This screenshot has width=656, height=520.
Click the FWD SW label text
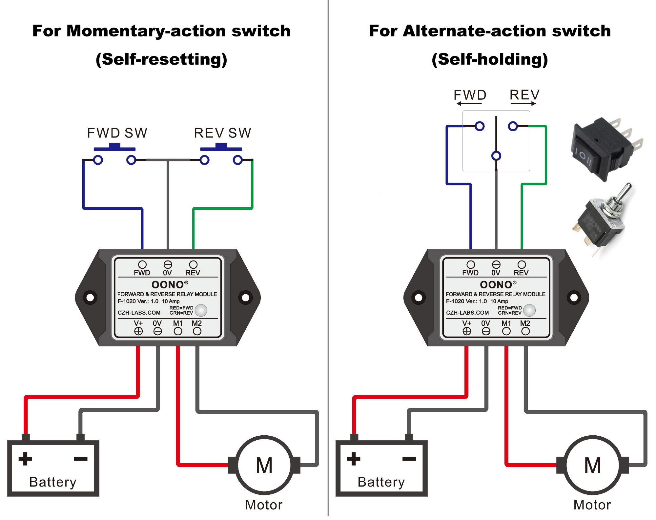click(117, 133)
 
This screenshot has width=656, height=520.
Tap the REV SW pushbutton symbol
click(221, 148)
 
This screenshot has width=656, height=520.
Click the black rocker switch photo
click(605, 148)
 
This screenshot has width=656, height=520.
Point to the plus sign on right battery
click(354, 459)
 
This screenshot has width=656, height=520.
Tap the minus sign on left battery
click(81, 459)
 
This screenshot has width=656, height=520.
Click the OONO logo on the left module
click(168, 284)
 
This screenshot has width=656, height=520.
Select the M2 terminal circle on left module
click(197, 331)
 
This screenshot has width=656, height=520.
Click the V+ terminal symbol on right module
click(467, 331)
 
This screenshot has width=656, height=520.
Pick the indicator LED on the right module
click(529, 310)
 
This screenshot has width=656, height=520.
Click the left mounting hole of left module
click(90, 298)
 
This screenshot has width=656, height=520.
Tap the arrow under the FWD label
click(469, 104)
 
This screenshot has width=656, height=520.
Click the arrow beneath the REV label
click(523, 104)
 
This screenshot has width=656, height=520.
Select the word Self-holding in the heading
click(489, 59)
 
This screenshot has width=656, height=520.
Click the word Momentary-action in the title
click(146, 31)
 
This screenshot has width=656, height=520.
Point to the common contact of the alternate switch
click(496, 156)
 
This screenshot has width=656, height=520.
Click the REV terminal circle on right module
click(522, 264)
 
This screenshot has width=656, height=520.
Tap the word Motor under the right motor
click(592, 505)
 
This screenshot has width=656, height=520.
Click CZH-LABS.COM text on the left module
click(139, 313)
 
